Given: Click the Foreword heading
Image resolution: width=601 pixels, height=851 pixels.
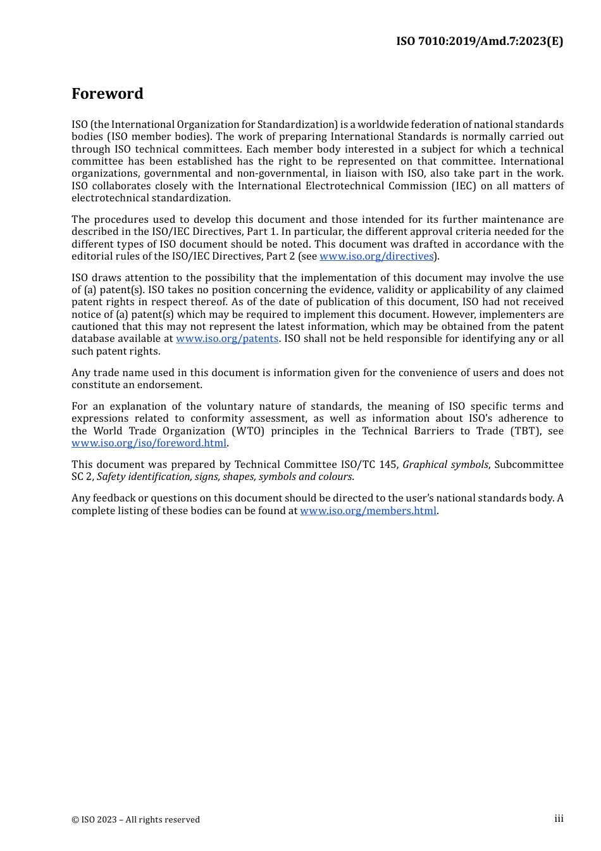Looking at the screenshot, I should coord(108,94).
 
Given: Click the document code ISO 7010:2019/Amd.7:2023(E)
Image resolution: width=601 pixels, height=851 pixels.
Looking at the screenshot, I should coord(480,41).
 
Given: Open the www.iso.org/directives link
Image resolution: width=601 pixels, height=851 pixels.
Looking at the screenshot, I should coord(376,256).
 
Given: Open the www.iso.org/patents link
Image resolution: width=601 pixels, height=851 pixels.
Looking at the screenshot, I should coord(227,339).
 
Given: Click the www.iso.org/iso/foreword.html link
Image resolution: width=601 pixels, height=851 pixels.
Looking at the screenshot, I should coord(149,443).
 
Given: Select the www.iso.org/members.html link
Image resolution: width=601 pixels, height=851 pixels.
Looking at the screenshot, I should coord(368,511).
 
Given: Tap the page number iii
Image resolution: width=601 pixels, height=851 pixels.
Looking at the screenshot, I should coord(559,819).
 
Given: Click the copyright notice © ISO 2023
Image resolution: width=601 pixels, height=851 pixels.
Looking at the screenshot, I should coord(135,820).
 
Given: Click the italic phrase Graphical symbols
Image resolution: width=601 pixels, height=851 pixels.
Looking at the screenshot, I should coord(445,465).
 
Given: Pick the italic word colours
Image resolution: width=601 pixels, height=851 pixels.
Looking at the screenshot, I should coord(336,477).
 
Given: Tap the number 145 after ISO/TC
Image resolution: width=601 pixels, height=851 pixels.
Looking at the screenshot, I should coord(388,465).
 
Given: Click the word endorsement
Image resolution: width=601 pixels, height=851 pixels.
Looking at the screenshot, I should coord(173,385).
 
